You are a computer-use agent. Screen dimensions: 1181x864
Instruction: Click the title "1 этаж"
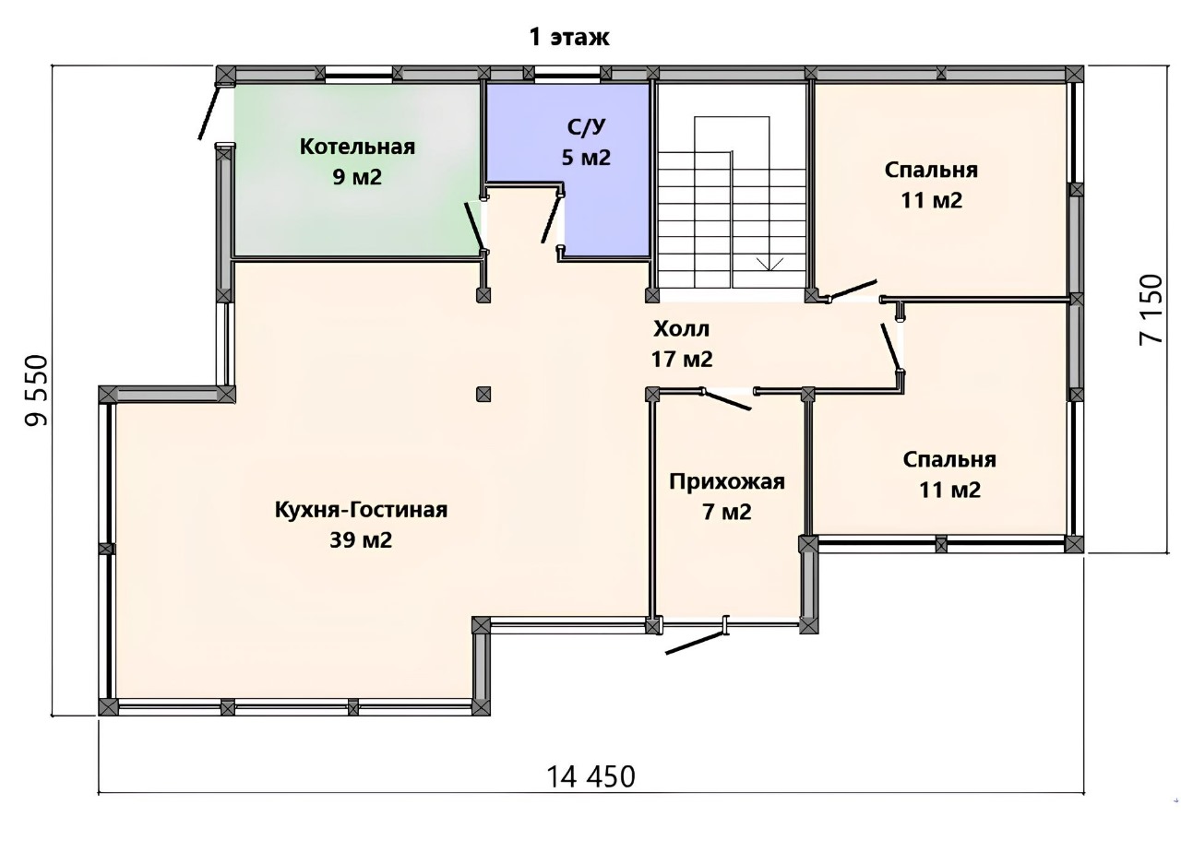(569, 38)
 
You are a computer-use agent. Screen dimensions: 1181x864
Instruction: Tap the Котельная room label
(357, 147)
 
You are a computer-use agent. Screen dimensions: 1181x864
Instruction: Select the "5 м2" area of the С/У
(586, 157)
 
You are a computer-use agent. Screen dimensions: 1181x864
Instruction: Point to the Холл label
(681, 329)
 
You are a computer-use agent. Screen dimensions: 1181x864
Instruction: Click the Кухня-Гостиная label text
(361, 510)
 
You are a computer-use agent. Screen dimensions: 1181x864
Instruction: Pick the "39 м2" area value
(361, 540)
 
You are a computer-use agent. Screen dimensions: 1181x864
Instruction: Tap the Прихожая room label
(727, 482)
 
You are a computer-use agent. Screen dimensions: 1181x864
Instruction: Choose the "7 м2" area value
(727, 512)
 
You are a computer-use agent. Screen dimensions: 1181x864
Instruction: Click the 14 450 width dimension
(591, 777)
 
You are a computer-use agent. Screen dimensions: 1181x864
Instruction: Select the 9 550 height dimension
(37, 390)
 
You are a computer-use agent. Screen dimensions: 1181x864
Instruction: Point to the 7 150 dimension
(1151, 309)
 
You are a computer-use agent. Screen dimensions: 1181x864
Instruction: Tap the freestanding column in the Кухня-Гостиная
(483, 394)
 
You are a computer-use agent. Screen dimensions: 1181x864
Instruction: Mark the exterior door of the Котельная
(208, 111)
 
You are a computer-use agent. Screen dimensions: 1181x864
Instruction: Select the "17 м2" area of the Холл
(682, 360)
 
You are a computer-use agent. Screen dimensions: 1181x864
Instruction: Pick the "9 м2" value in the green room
(357, 177)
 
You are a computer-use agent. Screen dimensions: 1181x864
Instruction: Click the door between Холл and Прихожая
(726, 400)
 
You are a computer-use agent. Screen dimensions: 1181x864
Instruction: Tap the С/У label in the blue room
(586, 126)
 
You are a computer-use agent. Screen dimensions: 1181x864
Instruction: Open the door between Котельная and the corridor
(473, 227)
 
